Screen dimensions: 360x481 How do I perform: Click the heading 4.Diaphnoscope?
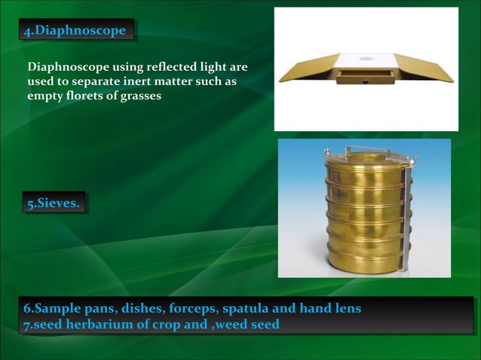click(78, 31)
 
